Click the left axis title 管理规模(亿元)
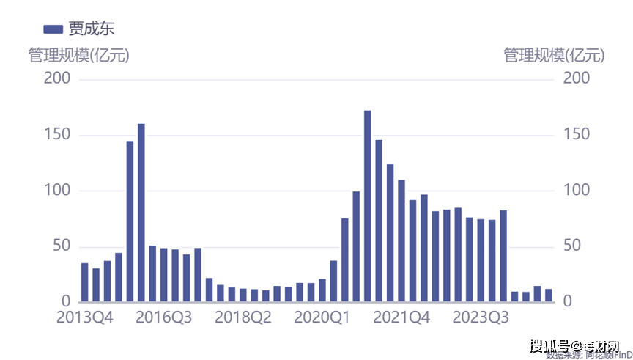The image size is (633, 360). pyautogui.click(x=78, y=55)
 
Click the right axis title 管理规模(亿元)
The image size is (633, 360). pyautogui.click(x=554, y=55)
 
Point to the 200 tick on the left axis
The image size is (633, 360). pyautogui.click(x=57, y=78)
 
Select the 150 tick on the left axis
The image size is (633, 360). pyautogui.click(x=57, y=135)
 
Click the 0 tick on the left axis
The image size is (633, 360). pyautogui.click(x=65, y=301)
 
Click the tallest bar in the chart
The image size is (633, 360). pyautogui.click(x=368, y=206)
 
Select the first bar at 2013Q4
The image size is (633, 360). pyautogui.click(x=85, y=282)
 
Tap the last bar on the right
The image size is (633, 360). pyautogui.click(x=548, y=295)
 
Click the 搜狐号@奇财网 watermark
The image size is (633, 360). pyautogui.click(x=574, y=345)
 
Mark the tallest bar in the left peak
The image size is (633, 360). pyautogui.click(x=141, y=213)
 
